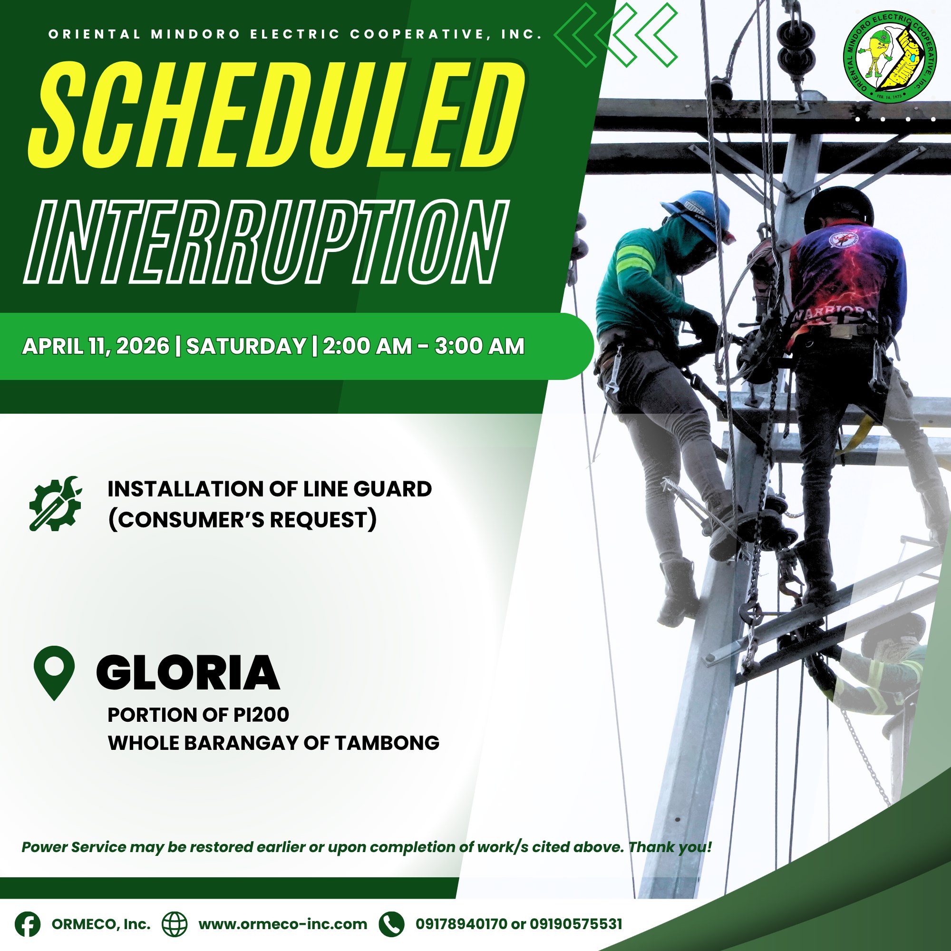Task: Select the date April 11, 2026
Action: tap(96, 346)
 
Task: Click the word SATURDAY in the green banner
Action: tap(246, 346)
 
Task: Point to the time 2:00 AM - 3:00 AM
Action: tap(424, 346)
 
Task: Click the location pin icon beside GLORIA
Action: tap(54, 672)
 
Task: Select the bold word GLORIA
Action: tap(188, 672)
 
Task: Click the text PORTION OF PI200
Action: tap(198, 715)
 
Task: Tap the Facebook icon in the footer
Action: tap(28, 924)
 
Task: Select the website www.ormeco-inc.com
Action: tap(283, 924)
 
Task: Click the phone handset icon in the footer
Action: tap(391, 924)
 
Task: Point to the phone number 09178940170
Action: tap(461, 924)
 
